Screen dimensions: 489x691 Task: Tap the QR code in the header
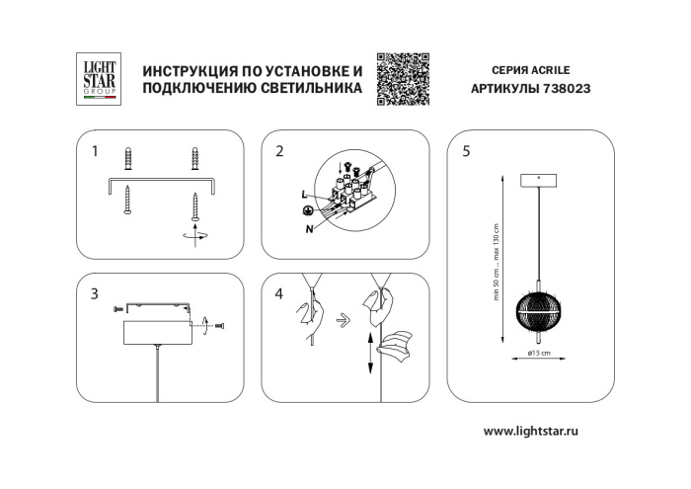[x=403, y=79]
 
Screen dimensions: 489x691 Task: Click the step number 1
[x=95, y=152]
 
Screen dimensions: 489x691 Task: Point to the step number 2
[x=279, y=152]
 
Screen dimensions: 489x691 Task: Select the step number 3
[x=95, y=293]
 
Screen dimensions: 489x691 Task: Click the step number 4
[x=279, y=293]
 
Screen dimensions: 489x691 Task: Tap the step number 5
[x=466, y=152]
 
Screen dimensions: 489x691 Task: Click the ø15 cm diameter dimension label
[x=538, y=353]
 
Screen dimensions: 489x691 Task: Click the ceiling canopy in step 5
[x=537, y=181]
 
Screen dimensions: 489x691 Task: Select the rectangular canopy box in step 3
[x=157, y=331]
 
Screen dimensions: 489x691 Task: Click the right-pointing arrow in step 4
[x=341, y=319]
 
